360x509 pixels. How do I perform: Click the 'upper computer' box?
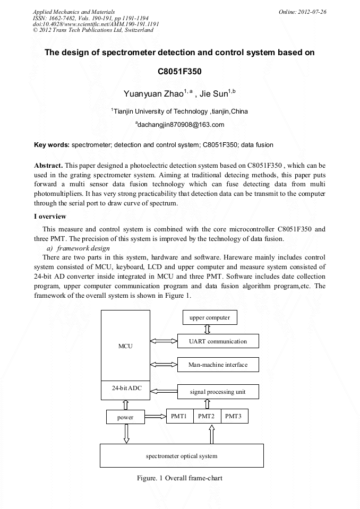point(210,318)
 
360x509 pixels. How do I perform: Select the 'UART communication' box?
point(218,341)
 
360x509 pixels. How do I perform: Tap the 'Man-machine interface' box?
point(218,365)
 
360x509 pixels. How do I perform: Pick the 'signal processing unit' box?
point(218,392)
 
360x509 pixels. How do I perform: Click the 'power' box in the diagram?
point(125,417)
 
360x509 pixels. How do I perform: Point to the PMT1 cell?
point(179,416)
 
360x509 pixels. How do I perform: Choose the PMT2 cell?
point(207,416)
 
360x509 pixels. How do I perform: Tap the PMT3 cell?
point(234,416)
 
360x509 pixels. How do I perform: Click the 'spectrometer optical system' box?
point(182,456)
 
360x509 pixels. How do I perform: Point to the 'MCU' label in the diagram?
point(125,346)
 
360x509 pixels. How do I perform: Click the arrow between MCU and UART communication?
point(164,341)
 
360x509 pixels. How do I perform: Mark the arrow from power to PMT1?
point(155,417)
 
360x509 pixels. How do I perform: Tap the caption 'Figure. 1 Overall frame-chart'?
point(179,478)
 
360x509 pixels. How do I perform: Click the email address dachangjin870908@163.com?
point(180,125)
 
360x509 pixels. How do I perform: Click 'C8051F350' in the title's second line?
point(179,71)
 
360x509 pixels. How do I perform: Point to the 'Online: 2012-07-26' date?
point(302,11)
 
